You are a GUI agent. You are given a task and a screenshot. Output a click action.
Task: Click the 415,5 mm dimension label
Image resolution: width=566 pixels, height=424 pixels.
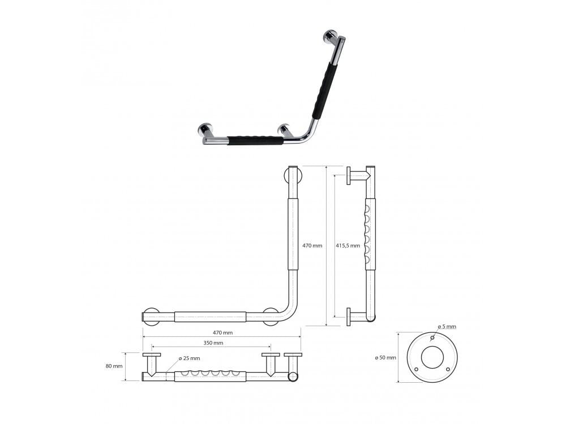[x=348, y=245]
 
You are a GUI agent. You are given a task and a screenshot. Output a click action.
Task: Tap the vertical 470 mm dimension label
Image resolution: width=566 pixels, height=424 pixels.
[x=312, y=245]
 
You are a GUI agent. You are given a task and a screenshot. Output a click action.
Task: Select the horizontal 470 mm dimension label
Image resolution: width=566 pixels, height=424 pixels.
[x=222, y=333]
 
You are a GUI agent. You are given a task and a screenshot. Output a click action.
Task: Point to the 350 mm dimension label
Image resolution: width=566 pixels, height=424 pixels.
[x=213, y=343]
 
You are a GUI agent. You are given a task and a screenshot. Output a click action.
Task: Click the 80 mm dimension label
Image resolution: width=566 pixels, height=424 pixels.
[x=114, y=366]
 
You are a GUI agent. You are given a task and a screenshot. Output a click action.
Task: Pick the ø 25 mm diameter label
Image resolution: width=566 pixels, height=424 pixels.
[x=189, y=358]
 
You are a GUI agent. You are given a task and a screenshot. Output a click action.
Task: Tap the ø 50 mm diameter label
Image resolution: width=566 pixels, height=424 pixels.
[x=385, y=358]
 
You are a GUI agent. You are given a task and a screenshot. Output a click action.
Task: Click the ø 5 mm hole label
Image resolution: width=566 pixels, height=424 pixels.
[x=447, y=327]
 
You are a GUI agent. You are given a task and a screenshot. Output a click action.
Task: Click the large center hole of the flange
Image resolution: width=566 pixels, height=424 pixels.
[x=432, y=357]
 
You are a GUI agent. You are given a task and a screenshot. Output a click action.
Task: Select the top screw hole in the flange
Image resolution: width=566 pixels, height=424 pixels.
[x=432, y=338]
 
